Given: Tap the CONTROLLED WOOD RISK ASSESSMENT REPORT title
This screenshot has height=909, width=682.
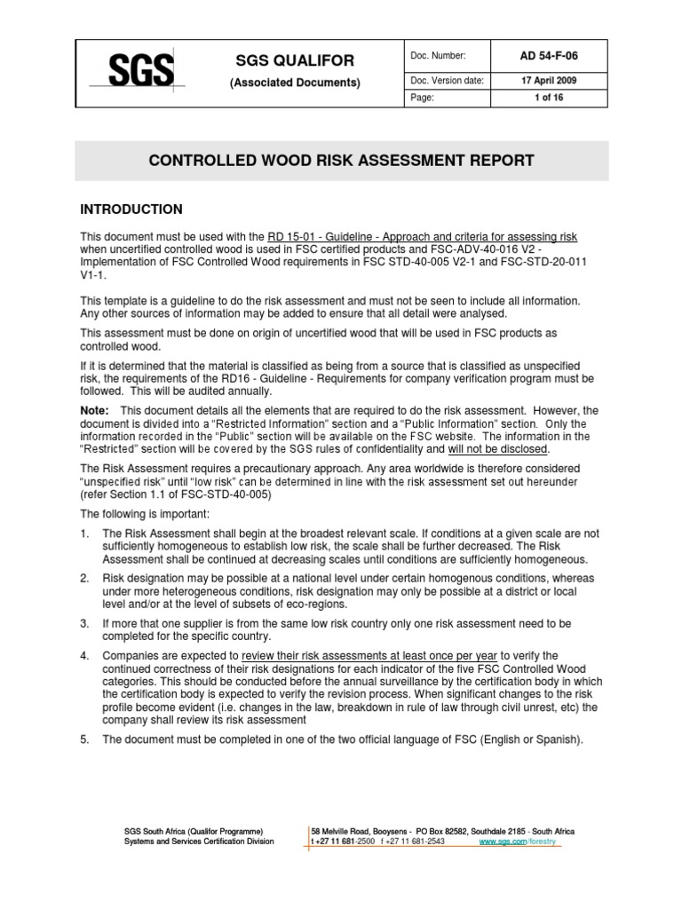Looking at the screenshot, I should coord(340,161).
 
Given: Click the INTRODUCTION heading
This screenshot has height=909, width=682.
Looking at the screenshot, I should coord(131,209).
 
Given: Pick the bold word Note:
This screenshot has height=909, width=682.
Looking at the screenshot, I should coord(95,411).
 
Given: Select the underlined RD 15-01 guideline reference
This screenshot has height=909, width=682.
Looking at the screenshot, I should coord(423,236).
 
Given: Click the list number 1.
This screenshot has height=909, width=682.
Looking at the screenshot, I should coord(85,533).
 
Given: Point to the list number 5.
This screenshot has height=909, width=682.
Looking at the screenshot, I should coord(85,739).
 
